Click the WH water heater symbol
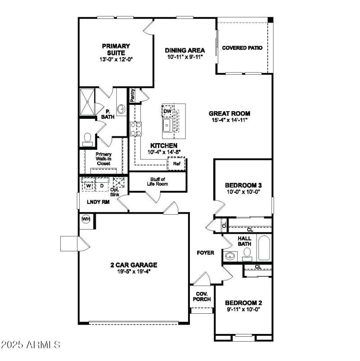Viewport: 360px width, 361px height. click(x=85, y=219)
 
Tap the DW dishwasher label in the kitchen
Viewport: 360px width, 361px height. click(x=167, y=111)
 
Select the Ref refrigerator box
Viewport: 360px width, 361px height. click(x=176, y=164)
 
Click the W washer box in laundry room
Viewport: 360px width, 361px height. click(x=89, y=185)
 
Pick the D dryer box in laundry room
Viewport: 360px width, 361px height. click(x=102, y=185)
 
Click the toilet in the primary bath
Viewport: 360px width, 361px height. click(x=88, y=138)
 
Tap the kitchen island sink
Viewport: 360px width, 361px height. click(x=167, y=126)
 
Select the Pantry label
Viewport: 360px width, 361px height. click(x=133, y=95)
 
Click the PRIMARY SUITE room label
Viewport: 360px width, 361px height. click(x=116, y=49)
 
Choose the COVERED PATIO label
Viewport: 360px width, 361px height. click(x=243, y=48)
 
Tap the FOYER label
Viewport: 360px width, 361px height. click(x=205, y=253)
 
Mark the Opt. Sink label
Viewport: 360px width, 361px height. click(x=115, y=192)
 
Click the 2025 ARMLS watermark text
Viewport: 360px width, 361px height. click(x=31, y=345)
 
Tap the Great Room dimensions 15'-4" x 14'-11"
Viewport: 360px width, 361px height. click(x=229, y=120)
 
